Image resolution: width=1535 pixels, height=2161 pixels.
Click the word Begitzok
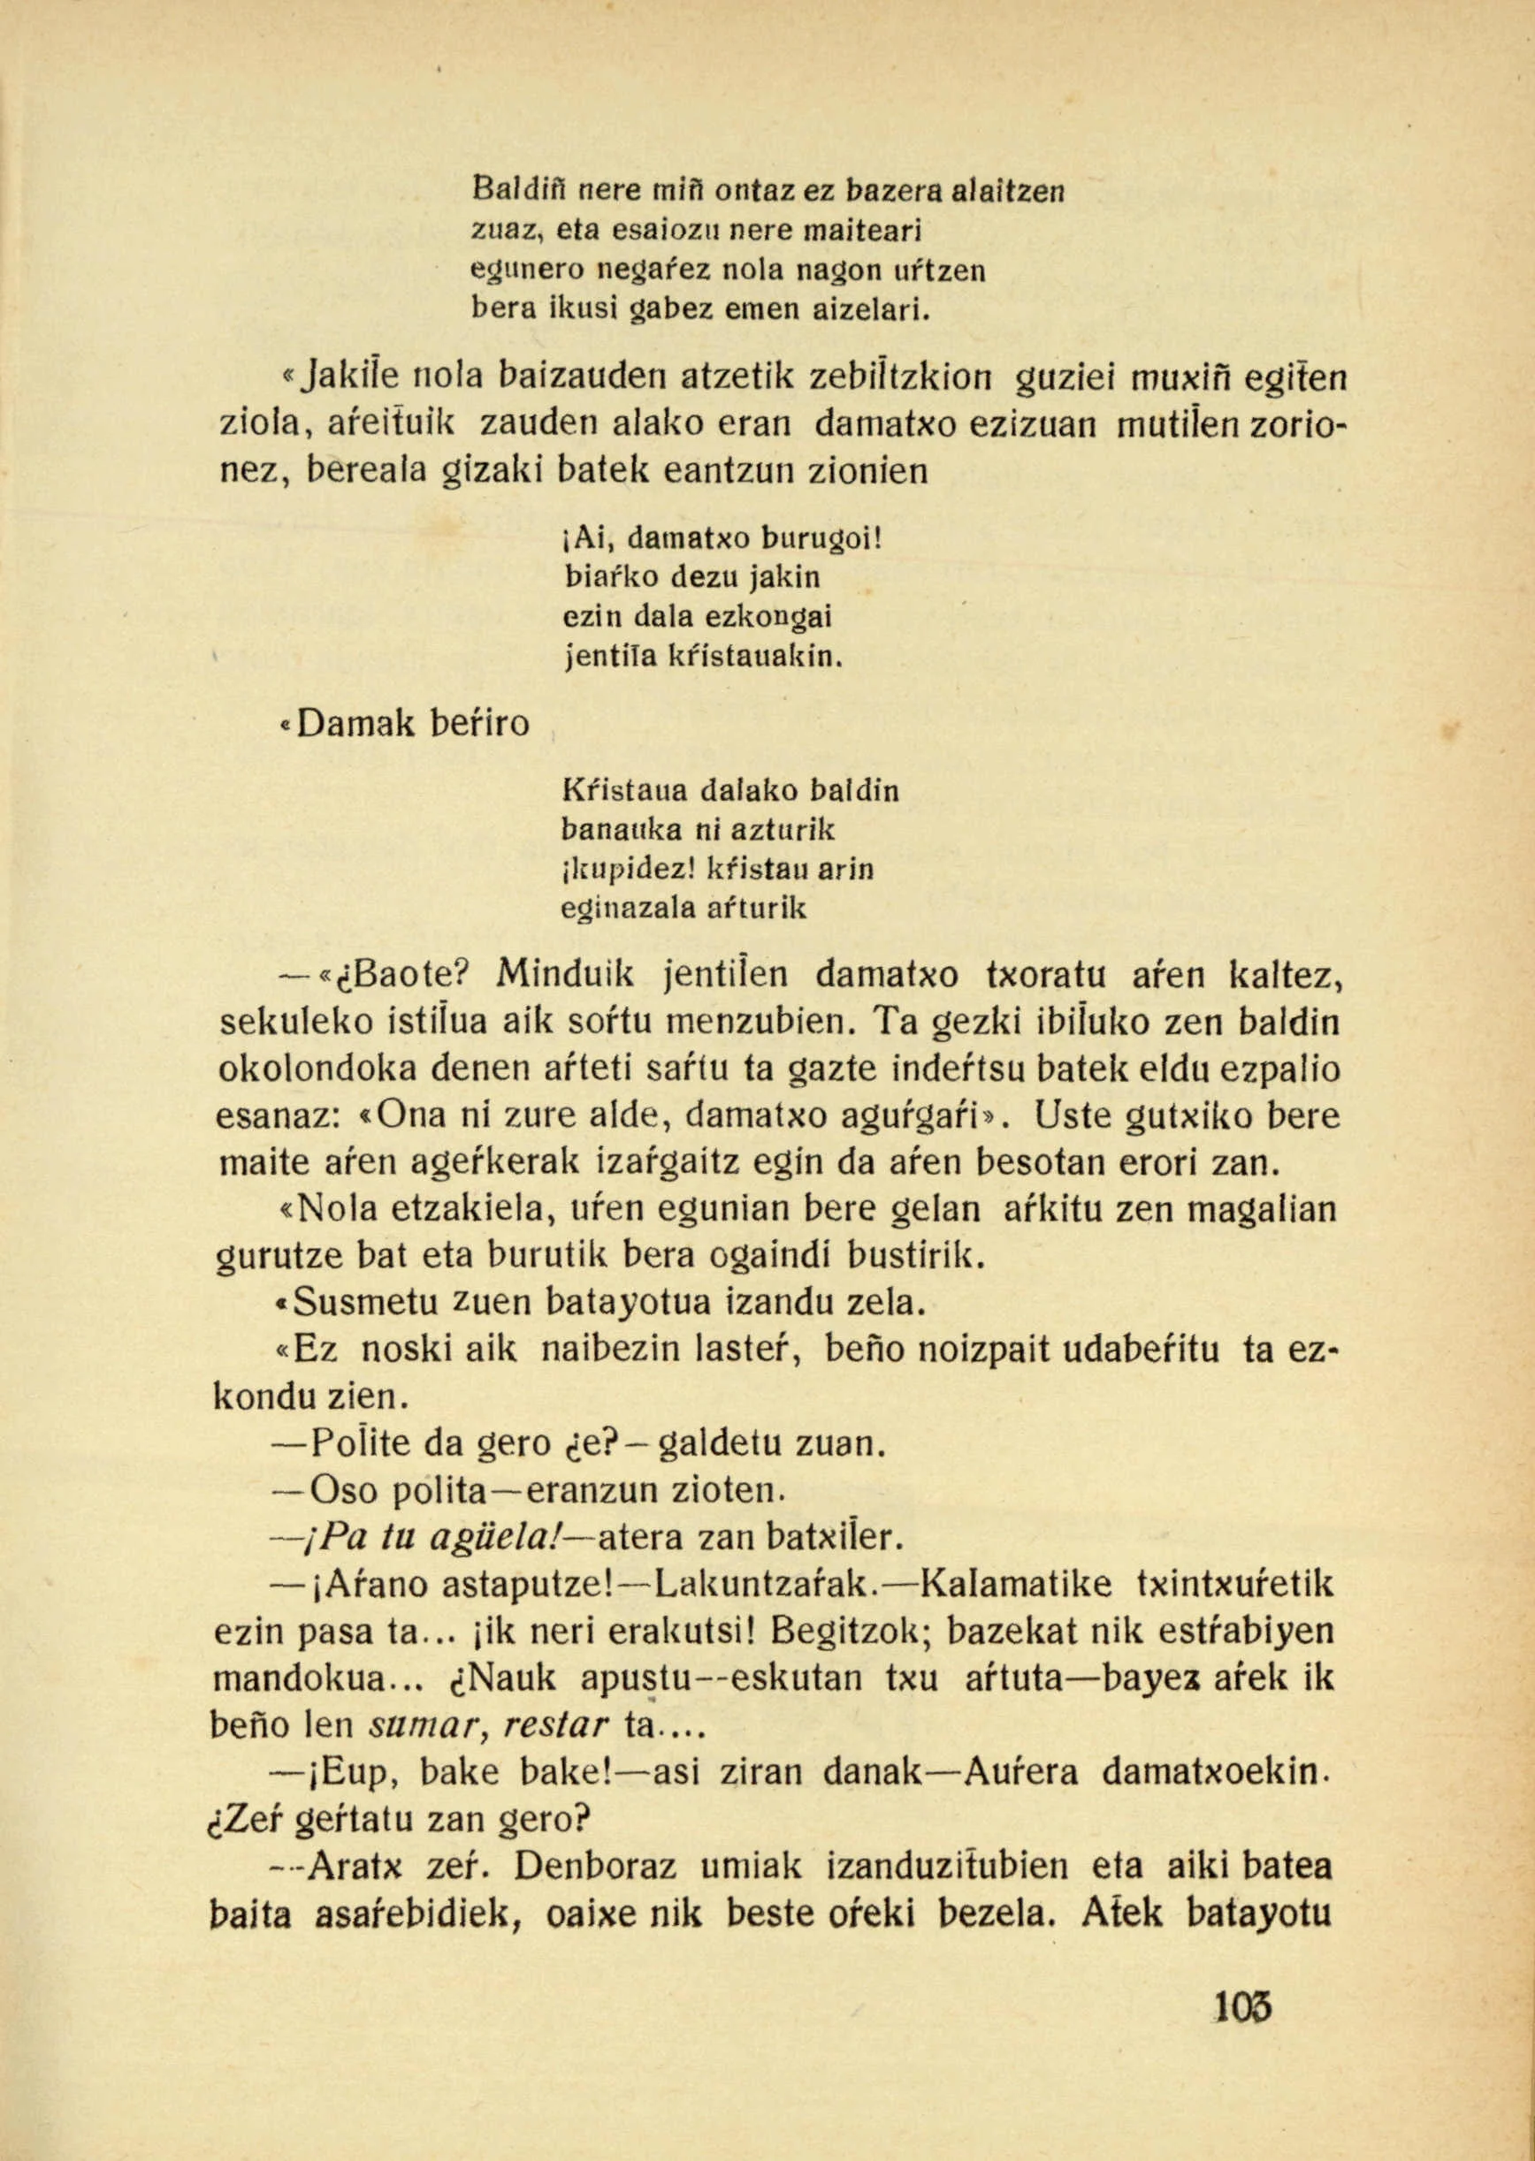(847, 1631)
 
